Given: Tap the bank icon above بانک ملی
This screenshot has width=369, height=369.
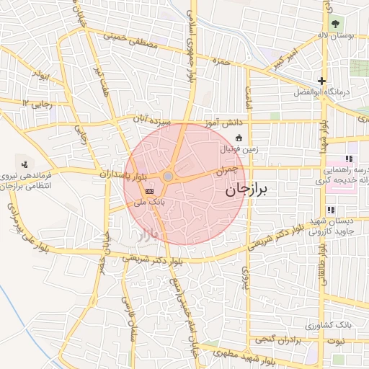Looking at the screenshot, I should point(149,191).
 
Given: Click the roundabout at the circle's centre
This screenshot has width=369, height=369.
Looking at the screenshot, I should point(168,177).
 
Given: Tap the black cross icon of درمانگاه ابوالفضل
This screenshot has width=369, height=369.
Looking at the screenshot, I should point(321,81).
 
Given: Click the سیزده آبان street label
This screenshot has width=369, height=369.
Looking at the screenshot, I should point(152,120).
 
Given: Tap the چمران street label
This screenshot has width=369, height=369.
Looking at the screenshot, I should point(226,170).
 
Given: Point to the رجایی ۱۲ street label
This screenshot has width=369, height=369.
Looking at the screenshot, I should point(37,104).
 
